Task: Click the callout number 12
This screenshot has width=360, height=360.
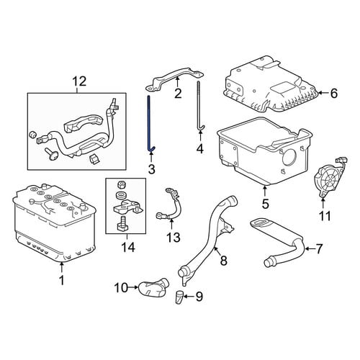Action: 79,81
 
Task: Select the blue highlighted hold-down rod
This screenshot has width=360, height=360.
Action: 149,122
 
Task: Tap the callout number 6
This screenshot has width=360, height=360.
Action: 334,93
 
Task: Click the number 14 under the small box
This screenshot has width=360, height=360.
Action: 128,247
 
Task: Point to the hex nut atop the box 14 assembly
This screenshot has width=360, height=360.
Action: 121,185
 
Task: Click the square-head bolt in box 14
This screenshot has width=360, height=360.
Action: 122,224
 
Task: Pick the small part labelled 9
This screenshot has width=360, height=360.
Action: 179,297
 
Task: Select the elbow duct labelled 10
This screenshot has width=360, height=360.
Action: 153,287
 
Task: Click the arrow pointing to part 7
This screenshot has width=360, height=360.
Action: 309,249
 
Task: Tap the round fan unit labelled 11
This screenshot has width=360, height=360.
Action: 328,178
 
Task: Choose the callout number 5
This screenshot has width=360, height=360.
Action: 265,204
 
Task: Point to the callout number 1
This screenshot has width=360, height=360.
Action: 62,280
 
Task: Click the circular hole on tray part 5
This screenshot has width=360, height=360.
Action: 290,158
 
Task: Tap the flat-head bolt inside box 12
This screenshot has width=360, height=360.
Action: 51,154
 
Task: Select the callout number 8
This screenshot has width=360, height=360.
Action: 223,261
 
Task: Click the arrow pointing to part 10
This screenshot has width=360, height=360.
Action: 133,287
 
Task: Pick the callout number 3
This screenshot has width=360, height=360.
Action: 151,169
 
